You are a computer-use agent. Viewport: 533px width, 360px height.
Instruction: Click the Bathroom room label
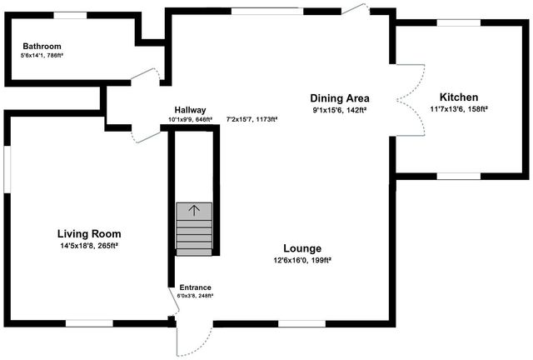42,46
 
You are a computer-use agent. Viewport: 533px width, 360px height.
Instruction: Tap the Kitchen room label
459,97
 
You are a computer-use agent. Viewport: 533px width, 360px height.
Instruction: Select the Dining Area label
340,98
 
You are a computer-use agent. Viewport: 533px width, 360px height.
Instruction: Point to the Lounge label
301,248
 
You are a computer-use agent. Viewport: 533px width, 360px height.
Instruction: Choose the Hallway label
190,110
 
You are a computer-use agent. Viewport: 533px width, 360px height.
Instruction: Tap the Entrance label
195,287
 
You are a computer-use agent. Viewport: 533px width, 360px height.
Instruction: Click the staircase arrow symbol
194,211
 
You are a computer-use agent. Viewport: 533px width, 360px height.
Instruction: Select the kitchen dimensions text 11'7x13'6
459,109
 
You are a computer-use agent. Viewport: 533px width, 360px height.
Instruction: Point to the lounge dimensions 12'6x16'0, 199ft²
301,260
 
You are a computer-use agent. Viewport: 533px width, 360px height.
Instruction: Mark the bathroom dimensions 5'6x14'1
42,56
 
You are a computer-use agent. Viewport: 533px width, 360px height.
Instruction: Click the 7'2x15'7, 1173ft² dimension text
252,119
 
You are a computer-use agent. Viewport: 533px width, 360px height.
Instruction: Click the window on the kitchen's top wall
457,23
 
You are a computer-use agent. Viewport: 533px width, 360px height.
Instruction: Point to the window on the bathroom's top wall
71,15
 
